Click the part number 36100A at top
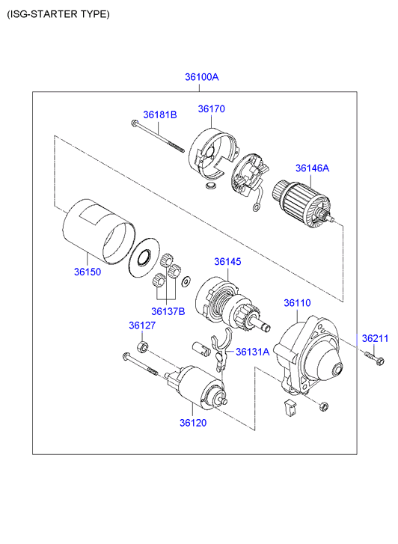tap(201, 76)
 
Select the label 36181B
tap(160, 114)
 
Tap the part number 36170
tap(211, 109)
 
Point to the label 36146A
tap(312, 168)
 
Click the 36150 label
tap(88, 272)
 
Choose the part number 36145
tap(227, 262)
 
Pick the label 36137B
tap(168, 311)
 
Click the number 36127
tap(142, 326)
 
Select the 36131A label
tap(253, 352)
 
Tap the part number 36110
tap(297, 303)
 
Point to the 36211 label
tap(375, 338)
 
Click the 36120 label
tap(193, 423)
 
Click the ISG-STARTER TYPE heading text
tap(58, 14)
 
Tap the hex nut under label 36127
tap(142, 346)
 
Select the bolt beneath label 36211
tap(374, 358)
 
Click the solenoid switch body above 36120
tap(197, 385)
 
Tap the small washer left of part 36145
tap(186, 281)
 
